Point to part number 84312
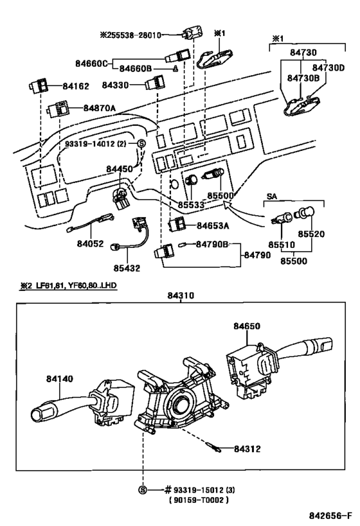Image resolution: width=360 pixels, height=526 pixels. [x=248, y=449]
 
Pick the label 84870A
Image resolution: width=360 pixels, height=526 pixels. [x=99, y=108]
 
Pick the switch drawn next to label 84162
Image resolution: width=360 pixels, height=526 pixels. [x=38, y=85]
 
